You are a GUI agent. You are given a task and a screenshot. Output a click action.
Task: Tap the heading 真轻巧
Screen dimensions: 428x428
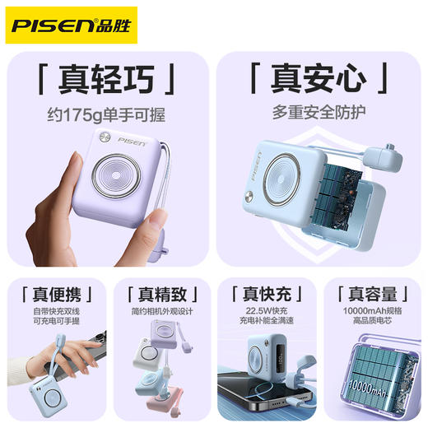(105, 81)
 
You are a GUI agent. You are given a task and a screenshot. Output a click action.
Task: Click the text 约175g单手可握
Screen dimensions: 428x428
(105, 112)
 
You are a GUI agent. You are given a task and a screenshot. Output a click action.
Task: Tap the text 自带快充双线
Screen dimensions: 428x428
(57, 313)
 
